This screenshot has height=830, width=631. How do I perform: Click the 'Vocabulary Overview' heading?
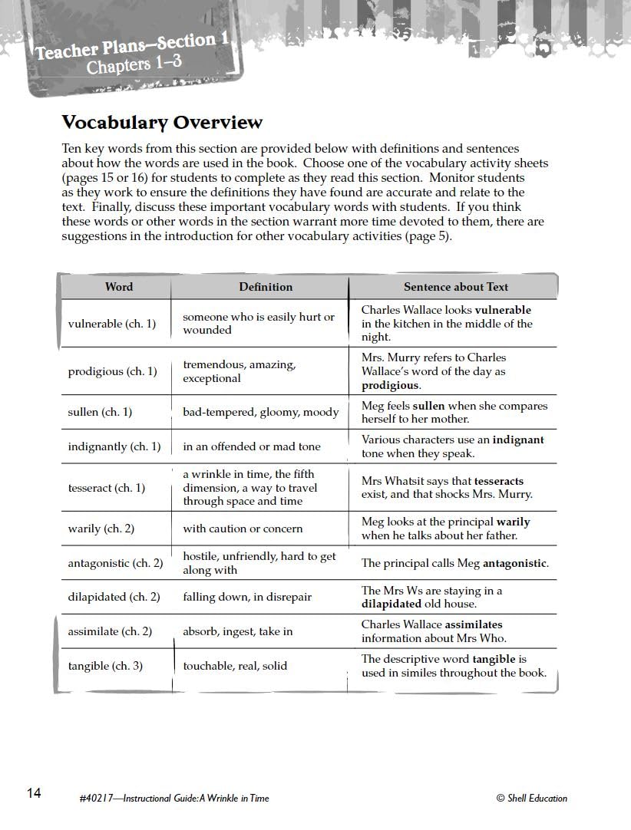[162, 123]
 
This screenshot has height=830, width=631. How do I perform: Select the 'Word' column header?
[119, 287]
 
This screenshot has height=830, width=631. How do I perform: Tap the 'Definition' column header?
[266, 287]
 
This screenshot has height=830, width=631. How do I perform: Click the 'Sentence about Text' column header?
[456, 287]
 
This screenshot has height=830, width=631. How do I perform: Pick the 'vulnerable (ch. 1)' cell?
[112, 324]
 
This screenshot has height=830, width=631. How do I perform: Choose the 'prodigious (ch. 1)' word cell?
[112, 371]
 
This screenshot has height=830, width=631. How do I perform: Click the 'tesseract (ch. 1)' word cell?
[106, 488]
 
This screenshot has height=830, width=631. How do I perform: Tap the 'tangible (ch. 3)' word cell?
[105, 666]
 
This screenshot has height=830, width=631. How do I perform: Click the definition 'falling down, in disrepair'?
[247, 597]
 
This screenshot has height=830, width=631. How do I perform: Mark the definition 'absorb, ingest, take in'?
[238, 631]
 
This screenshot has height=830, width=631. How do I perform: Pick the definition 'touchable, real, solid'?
[235, 666]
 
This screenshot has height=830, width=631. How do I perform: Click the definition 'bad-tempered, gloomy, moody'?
[260, 412]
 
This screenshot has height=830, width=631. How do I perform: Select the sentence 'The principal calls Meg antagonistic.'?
[455, 563]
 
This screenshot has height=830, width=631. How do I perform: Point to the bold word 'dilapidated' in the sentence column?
[392, 604]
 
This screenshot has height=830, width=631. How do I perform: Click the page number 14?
[34, 793]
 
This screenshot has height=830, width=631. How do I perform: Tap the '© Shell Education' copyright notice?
[532, 799]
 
